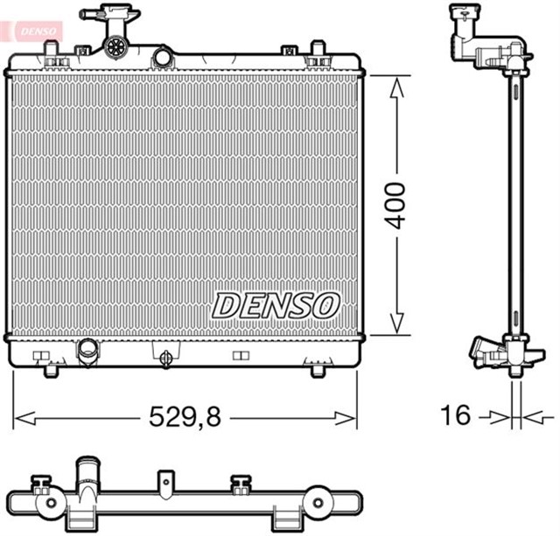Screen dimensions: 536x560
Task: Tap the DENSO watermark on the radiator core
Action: (276, 303)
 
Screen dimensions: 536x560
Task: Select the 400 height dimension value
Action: (397, 205)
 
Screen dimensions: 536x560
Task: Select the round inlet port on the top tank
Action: (162, 58)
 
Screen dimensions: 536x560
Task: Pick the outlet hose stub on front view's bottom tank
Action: (88, 352)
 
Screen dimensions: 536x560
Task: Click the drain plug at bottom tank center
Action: (165, 355)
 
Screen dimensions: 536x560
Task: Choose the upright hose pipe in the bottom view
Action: (87, 476)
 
